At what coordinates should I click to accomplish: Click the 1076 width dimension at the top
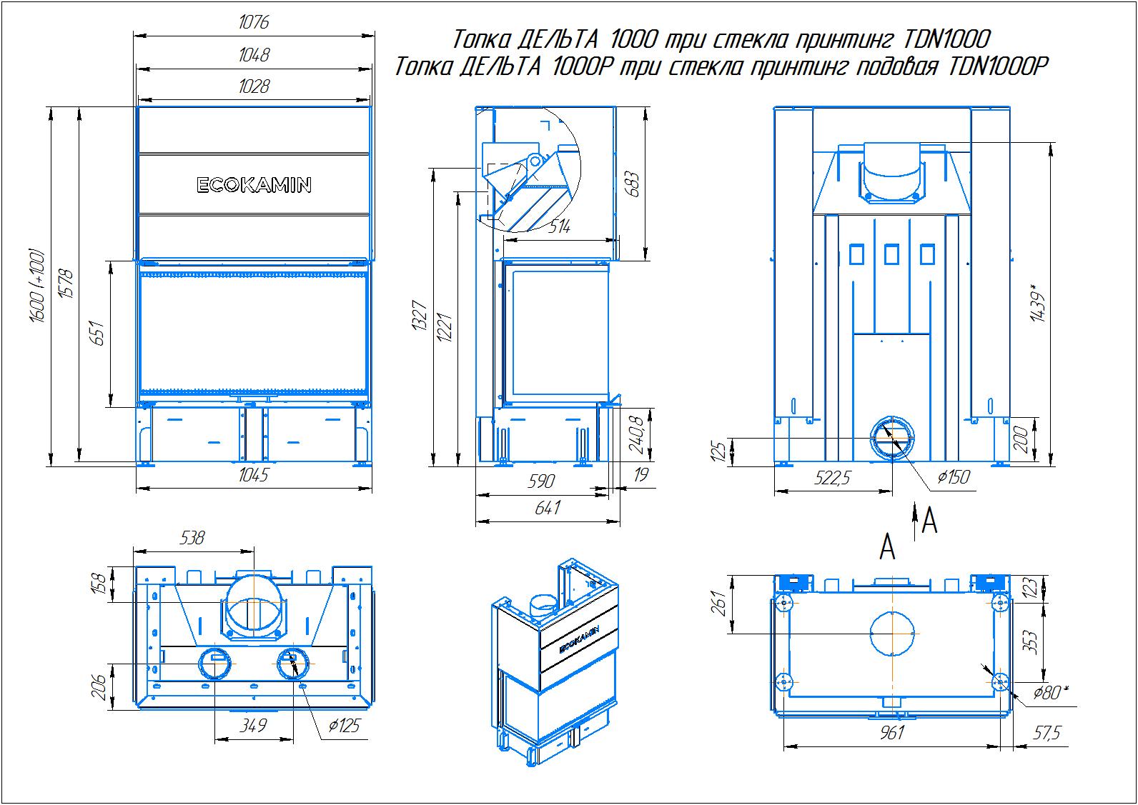click(x=254, y=23)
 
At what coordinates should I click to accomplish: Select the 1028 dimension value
click(x=254, y=86)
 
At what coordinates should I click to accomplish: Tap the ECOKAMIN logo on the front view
click(x=254, y=186)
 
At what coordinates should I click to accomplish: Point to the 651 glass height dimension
click(x=98, y=334)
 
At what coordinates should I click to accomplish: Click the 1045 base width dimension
click(x=254, y=476)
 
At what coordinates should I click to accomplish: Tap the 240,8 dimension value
click(x=635, y=436)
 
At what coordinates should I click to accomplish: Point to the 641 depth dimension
click(x=547, y=508)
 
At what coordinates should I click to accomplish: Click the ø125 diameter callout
click(x=343, y=726)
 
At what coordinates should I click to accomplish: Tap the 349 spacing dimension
click(x=254, y=726)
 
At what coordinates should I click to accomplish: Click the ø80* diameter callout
click(x=1050, y=693)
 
